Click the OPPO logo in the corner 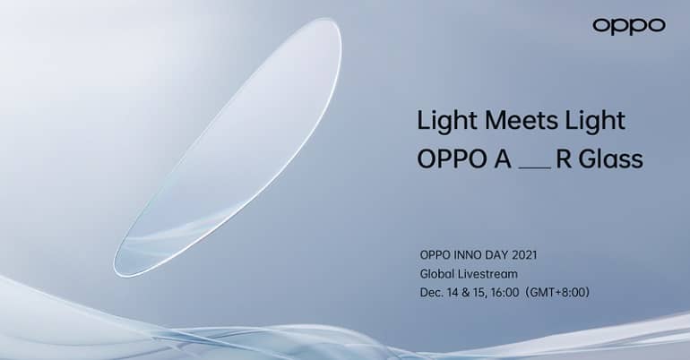point(629,26)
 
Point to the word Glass point(611,159)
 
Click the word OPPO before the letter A point(452,159)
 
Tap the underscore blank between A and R point(535,167)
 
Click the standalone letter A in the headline point(503,159)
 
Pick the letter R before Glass point(564,159)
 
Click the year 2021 point(523,255)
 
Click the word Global point(436,274)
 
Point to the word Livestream point(487,274)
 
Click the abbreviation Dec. point(431,292)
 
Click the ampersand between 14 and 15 point(465,292)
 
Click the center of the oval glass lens point(228,148)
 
